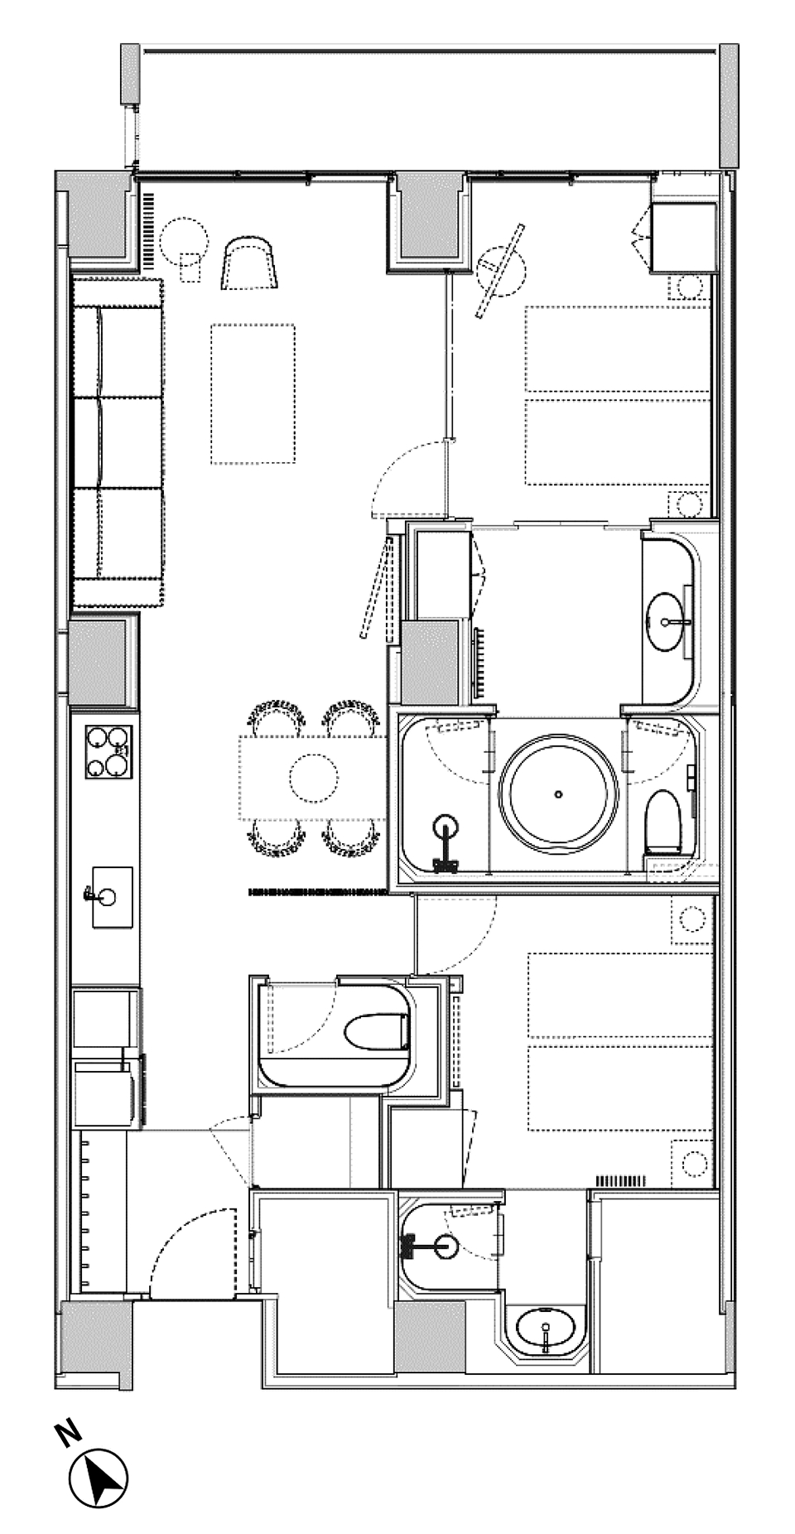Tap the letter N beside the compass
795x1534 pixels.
coord(67,1432)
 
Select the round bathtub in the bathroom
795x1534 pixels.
coord(559,794)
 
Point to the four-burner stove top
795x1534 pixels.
coord(109,752)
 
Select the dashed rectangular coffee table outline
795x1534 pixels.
coord(253,394)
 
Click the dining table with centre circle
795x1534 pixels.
coord(313,777)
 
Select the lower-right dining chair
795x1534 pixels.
coord(350,837)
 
